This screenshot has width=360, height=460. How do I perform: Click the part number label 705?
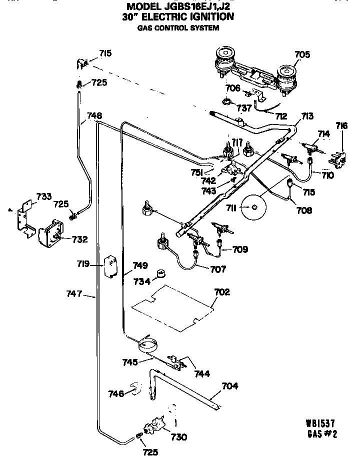tap(301, 54)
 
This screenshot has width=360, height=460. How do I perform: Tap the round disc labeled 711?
tap(254, 206)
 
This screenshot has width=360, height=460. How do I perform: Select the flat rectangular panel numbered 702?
tap(173, 308)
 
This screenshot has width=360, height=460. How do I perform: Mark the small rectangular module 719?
tap(109, 266)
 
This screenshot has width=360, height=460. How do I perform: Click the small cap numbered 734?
tap(160, 274)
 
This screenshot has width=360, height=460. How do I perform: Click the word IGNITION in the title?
tap(205, 17)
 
